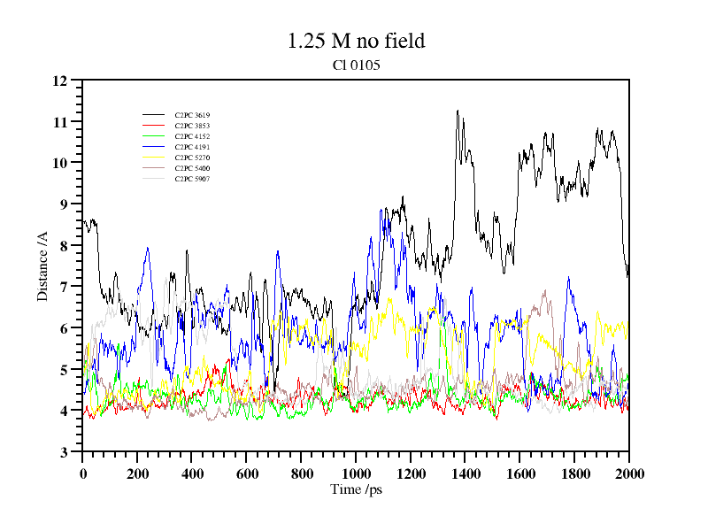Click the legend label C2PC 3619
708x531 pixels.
click(192, 116)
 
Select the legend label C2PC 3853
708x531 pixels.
click(192, 127)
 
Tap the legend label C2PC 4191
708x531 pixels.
click(192, 147)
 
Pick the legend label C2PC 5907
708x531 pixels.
click(192, 179)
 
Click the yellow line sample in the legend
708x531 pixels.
click(154, 158)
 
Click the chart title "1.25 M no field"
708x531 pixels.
click(356, 41)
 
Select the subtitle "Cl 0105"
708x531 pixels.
click(356, 65)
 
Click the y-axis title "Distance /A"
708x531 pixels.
click(42, 266)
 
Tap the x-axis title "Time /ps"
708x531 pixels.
click(356, 489)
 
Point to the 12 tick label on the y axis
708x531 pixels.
click(60, 81)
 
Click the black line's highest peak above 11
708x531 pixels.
click(458, 111)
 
